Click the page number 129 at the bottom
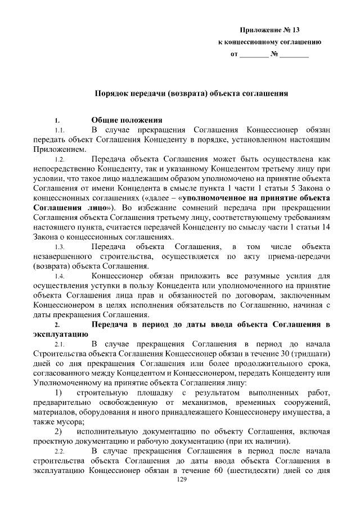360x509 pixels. [x=181, y=479]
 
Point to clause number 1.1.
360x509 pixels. [x=60, y=130]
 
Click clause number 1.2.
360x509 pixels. [x=60, y=159]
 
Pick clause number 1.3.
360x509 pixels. [x=60, y=247]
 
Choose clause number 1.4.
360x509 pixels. [x=60, y=276]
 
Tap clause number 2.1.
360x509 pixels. [x=60, y=344]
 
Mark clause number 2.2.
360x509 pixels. [x=60, y=452]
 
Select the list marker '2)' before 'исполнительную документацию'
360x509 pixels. [x=60, y=431]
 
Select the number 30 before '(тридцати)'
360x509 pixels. [x=285, y=354]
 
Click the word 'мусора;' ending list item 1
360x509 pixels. [x=70, y=422]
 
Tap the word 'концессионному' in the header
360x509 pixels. [x=252, y=43]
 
